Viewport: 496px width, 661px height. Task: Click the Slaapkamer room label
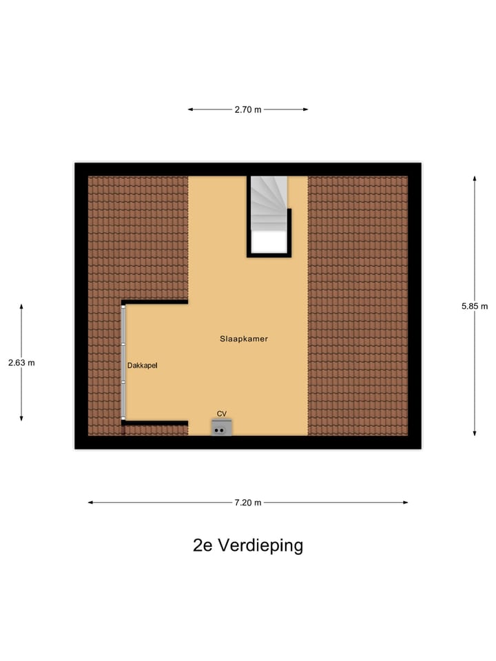[x=243, y=339]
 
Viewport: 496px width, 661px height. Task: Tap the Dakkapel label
[x=143, y=366]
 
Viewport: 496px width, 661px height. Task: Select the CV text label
[x=222, y=413]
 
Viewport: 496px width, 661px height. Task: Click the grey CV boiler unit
[x=221, y=428]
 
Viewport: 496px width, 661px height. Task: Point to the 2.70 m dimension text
[x=248, y=109]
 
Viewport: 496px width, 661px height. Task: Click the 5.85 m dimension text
[x=475, y=306]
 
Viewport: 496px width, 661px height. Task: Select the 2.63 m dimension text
[x=21, y=363]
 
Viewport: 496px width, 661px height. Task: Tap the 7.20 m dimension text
[x=248, y=503]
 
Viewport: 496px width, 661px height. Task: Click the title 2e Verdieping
[x=248, y=545]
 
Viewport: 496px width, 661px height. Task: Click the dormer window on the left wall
[x=124, y=362]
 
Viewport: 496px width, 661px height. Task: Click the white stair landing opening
[x=269, y=242]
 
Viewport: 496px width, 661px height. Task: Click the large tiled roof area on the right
[x=358, y=306]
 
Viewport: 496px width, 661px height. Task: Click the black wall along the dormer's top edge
[x=155, y=302]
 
